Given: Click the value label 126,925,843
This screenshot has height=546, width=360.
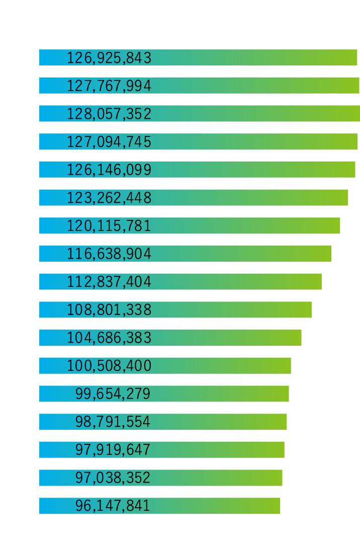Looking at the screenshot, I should pyautogui.click(x=109, y=58).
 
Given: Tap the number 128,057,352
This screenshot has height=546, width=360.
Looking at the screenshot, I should pyautogui.click(x=109, y=114).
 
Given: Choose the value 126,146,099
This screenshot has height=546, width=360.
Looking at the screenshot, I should pyautogui.click(x=109, y=170).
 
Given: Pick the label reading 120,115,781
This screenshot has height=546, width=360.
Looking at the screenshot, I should pyautogui.click(x=109, y=226).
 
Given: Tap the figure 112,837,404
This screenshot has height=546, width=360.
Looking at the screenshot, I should pyautogui.click(x=109, y=282).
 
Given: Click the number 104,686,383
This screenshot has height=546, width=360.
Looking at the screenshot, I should pyautogui.click(x=109, y=338).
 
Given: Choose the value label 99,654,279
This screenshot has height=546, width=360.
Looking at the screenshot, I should pyautogui.click(x=113, y=394).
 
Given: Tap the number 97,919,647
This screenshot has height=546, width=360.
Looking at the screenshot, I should pyautogui.click(x=113, y=450).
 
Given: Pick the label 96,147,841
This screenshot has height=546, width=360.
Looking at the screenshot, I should pyautogui.click(x=113, y=506).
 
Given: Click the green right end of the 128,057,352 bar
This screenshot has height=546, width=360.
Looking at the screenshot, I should pyautogui.click(x=355, y=114).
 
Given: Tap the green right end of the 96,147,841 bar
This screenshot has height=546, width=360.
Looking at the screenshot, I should pyautogui.click(x=275, y=506).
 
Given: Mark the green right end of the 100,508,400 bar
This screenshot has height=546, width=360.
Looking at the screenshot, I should pyautogui.click(x=286, y=366).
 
